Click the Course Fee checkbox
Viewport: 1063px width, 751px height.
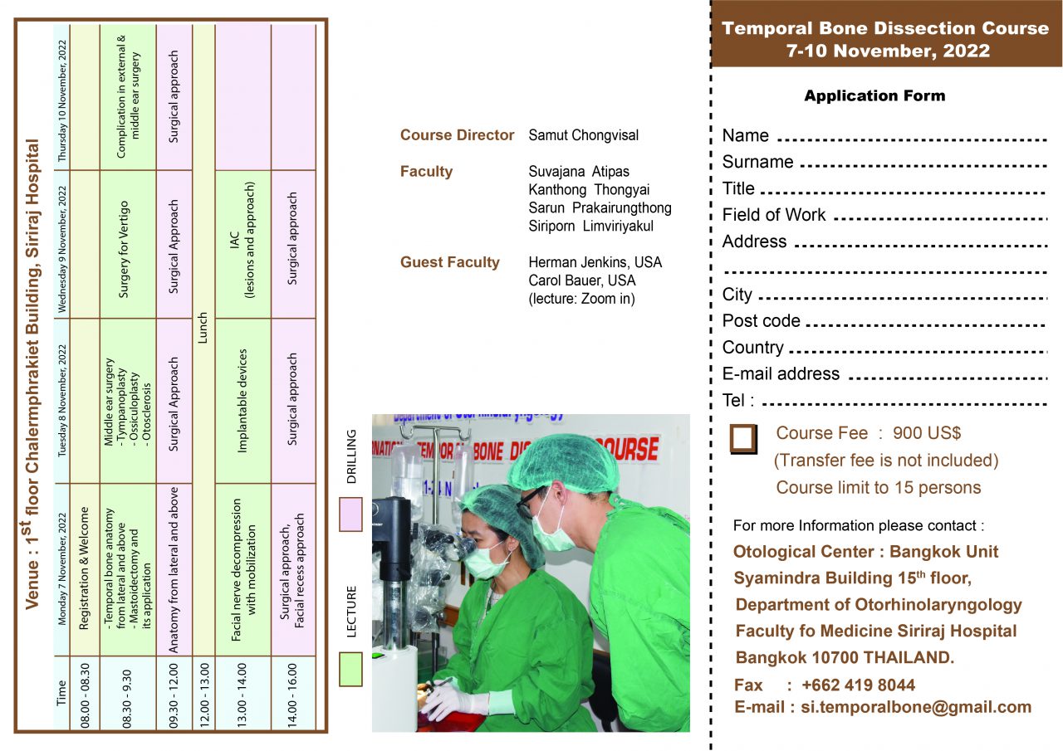[743, 439]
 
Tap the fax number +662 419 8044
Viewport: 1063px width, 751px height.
[858, 685]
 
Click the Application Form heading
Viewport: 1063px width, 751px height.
[874, 96]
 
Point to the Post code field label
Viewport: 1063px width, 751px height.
[761, 321]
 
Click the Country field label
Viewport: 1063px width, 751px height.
[752, 348]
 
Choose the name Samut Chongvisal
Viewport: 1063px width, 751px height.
[584, 135]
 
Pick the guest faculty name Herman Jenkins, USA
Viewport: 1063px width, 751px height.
[595, 262]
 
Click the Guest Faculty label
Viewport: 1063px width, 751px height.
[449, 262]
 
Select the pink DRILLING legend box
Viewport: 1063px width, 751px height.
[350, 514]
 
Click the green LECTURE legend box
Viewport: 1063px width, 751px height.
[350, 669]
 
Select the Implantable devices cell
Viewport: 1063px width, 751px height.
[242, 400]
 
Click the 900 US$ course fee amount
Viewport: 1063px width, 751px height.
[927, 433]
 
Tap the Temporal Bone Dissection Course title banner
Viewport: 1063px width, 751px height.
[885, 39]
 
